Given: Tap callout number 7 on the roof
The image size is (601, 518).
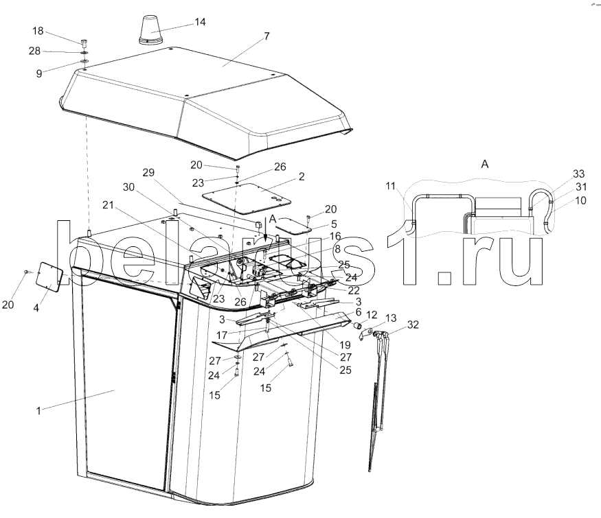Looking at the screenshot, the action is [x=267, y=36].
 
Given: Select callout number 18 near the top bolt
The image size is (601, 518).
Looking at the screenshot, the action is [x=38, y=31].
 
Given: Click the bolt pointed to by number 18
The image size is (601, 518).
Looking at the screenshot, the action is [x=84, y=42].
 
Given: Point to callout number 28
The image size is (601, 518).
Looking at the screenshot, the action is [x=34, y=51].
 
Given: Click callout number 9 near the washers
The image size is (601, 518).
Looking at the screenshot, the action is [x=39, y=73].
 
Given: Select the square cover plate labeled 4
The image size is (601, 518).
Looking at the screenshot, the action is [x=49, y=276].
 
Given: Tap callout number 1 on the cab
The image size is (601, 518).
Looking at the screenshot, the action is [x=38, y=411].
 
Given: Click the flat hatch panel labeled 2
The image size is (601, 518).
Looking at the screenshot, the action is [x=247, y=198].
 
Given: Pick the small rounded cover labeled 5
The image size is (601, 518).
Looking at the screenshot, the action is [x=293, y=226].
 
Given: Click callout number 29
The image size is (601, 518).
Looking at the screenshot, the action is [x=148, y=172].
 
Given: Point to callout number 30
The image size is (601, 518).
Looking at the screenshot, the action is [x=129, y=187].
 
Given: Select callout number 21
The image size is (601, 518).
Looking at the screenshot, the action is [x=108, y=205].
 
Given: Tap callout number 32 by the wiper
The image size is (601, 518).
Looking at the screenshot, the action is [x=413, y=325].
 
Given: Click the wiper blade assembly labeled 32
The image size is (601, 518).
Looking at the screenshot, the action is [x=378, y=398].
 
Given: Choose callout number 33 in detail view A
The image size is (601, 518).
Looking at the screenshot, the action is [x=579, y=174].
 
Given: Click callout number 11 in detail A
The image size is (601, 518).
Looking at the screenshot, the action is [x=390, y=186].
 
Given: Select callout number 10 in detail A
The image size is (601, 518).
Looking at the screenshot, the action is [x=580, y=200].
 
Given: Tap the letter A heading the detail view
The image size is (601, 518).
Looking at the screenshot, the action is [x=485, y=164].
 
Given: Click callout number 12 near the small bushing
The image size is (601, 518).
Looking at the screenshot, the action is [x=372, y=315].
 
